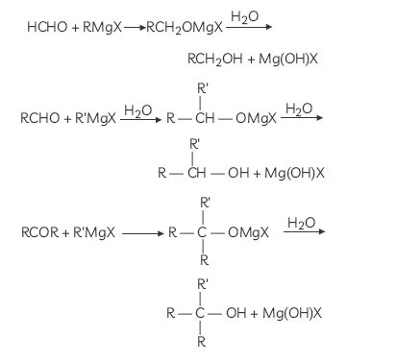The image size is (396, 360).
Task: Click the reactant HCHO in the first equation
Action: [x=47, y=30]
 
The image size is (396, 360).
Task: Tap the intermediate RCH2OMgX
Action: [x=179, y=30]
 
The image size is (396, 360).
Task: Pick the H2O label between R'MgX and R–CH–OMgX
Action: [x=137, y=111]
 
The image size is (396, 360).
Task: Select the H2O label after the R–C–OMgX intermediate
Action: [x=301, y=223]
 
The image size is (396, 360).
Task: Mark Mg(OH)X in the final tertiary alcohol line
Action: [x=287, y=313]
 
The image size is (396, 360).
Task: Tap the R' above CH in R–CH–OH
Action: [x=195, y=144]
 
